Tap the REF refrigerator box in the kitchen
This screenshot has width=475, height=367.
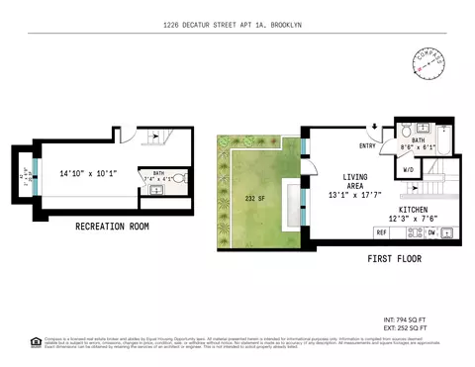click(x=380, y=232)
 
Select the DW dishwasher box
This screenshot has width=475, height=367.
click(x=430, y=232)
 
